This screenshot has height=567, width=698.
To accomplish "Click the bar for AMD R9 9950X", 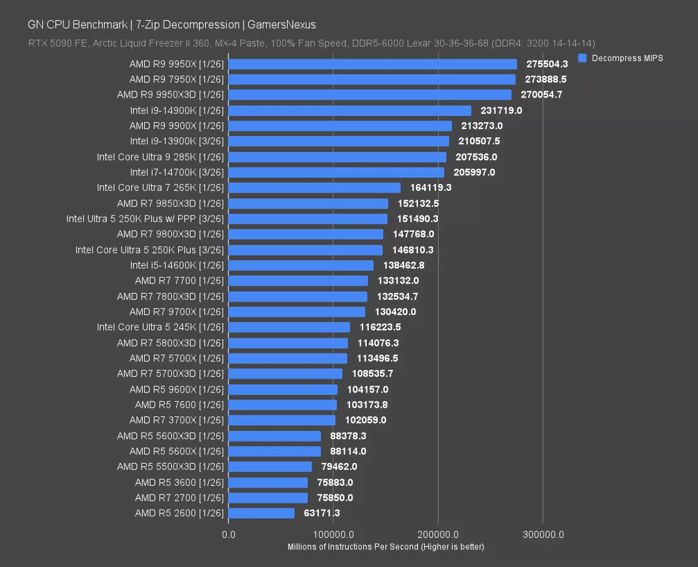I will (373, 64).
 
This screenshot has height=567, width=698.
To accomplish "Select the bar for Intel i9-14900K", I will (350, 110).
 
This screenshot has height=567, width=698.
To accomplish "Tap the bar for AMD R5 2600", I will (261, 513).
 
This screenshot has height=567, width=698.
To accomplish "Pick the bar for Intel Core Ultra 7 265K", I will (315, 188).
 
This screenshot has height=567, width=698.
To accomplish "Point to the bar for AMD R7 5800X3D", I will (288, 343).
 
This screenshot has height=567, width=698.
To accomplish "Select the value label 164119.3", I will (431, 188).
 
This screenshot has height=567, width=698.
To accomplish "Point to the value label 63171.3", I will (318, 513).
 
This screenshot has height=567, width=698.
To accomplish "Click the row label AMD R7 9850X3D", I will (170, 203).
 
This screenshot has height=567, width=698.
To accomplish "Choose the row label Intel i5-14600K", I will (177, 265).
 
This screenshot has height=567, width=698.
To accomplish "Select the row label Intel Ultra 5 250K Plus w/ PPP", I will (145, 219).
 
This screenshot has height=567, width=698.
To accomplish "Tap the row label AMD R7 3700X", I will (176, 420).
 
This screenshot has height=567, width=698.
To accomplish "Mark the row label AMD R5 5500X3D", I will (170, 467).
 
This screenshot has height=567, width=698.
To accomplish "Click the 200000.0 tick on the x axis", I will (439, 535).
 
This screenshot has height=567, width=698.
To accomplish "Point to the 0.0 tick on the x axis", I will (229, 535).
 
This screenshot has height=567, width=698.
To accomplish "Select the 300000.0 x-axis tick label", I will (543, 535).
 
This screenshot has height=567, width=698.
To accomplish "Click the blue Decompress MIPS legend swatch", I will (582, 58).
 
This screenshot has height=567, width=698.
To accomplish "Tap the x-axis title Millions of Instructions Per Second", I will (385, 547).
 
